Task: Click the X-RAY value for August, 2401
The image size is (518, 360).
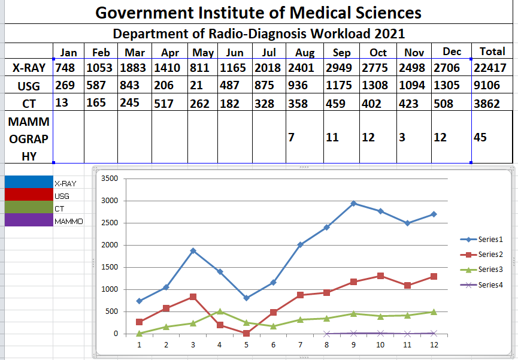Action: pos(301,68)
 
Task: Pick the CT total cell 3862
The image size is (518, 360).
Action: pos(487,104)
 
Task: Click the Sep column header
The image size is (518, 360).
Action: pos(341,53)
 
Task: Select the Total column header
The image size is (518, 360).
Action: pos(491,52)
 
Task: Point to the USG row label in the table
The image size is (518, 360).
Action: pos(29,86)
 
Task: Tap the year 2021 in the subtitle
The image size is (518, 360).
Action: pos(388,34)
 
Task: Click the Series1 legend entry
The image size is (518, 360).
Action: pos(490,240)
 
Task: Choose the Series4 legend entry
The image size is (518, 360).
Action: pos(490,285)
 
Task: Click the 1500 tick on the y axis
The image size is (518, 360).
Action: pos(110,267)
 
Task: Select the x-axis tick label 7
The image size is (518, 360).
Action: pos(300,345)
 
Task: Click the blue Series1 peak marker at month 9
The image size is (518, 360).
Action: pos(354,204)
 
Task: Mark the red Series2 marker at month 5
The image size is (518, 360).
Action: pos(246,333)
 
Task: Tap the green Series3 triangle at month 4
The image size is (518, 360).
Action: pos(219,311)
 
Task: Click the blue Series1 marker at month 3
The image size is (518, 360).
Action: pos(193,250)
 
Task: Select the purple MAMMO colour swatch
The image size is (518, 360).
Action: pos(28,220)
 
